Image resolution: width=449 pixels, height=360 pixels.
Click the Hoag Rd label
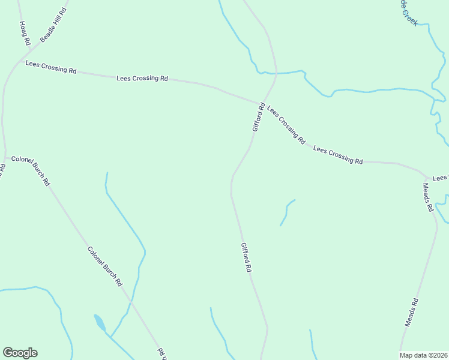tap(25, 34)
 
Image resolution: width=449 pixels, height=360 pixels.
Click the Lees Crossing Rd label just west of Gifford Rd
tap(142, 78)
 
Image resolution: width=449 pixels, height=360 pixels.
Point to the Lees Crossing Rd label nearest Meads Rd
tap(338, 155)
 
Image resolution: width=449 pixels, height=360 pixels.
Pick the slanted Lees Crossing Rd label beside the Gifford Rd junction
tap(286, 125)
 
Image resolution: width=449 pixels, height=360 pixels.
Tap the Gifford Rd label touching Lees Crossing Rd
tap(259, 118)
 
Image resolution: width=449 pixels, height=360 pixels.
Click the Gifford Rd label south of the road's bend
tap(246, 257)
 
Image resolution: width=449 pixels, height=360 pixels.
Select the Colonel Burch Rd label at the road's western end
tap(31, 171)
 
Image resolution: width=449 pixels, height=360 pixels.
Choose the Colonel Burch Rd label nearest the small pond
tap(105, 266)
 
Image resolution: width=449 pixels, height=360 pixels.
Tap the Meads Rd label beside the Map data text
tap(411, 313)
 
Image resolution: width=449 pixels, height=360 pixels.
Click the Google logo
tap(20, 353)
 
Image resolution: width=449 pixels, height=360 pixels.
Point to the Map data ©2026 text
tap(423, 355)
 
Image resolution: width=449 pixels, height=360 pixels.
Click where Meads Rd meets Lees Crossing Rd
tap(427, 178)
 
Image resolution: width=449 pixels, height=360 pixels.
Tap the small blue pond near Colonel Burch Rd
tap(99, 322)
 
